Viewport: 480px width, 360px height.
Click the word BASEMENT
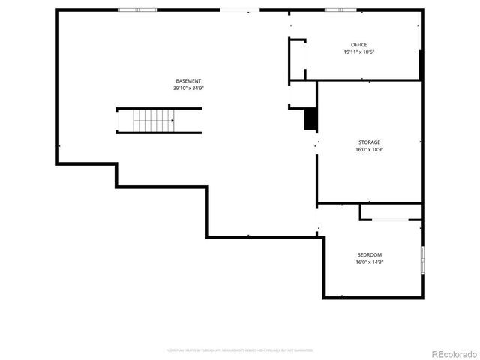[188, 80]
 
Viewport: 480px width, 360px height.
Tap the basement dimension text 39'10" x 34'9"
[188, 88]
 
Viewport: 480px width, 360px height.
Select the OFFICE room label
[359, 44]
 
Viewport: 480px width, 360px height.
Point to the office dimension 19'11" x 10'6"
[359, 52]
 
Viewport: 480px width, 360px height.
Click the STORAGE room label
[368, 142]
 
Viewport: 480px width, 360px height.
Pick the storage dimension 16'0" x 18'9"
[368, 149]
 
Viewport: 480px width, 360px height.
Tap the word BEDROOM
[369, 254]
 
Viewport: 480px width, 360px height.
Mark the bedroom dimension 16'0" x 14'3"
[369, 262]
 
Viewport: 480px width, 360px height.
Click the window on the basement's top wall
[137, 10]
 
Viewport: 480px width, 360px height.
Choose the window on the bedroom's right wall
[422, 259]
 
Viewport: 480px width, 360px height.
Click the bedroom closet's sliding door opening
[390, 220]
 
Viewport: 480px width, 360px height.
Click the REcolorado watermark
[451, 352]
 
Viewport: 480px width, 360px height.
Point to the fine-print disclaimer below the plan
[240, 349]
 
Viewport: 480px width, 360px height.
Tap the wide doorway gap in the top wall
[240, 10]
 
